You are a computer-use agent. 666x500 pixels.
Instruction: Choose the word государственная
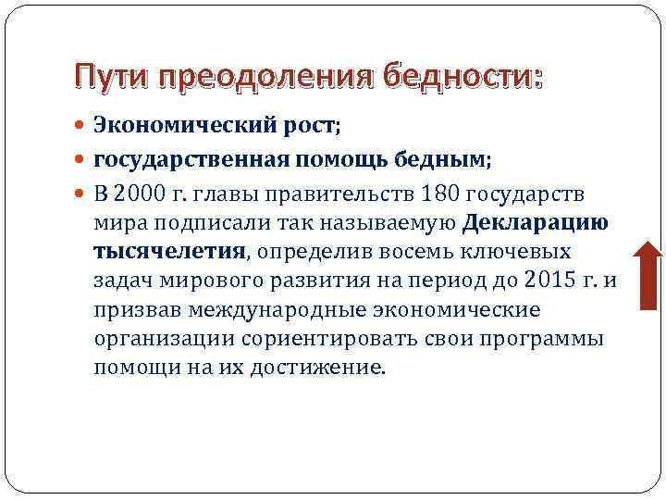pyautogui.click(x=195, y=159)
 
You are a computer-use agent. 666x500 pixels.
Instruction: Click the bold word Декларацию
pyautogui.click(x=535, y=221)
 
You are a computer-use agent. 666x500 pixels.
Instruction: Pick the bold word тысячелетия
pyautogui.click(x=169, y=250)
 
